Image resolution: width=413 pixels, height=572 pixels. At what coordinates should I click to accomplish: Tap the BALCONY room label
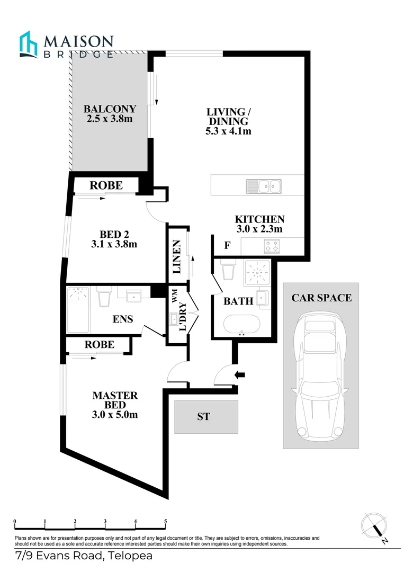coord(110,109)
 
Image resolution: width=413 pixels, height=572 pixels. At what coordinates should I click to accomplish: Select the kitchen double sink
coord(265,186)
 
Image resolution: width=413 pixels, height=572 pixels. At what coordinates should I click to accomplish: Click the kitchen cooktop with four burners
coord(272,246)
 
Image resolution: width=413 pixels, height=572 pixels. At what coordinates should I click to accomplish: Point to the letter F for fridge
coord(227,245)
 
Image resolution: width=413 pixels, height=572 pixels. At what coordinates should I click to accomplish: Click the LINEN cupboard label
coord(177,257)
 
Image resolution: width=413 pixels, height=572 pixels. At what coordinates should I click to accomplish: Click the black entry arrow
coord(240,375)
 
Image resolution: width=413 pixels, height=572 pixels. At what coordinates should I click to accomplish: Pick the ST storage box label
coord(204,417)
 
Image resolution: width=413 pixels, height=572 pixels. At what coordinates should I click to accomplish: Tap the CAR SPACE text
coord(321,298)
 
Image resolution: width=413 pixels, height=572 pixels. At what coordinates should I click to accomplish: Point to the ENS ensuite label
coord(123,319)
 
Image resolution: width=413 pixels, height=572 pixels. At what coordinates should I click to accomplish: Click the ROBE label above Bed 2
coord(106,185)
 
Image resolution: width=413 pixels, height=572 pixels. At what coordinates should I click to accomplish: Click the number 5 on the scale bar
coord(166,521)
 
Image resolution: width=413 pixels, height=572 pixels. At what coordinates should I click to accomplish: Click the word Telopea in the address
coord(130,556)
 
